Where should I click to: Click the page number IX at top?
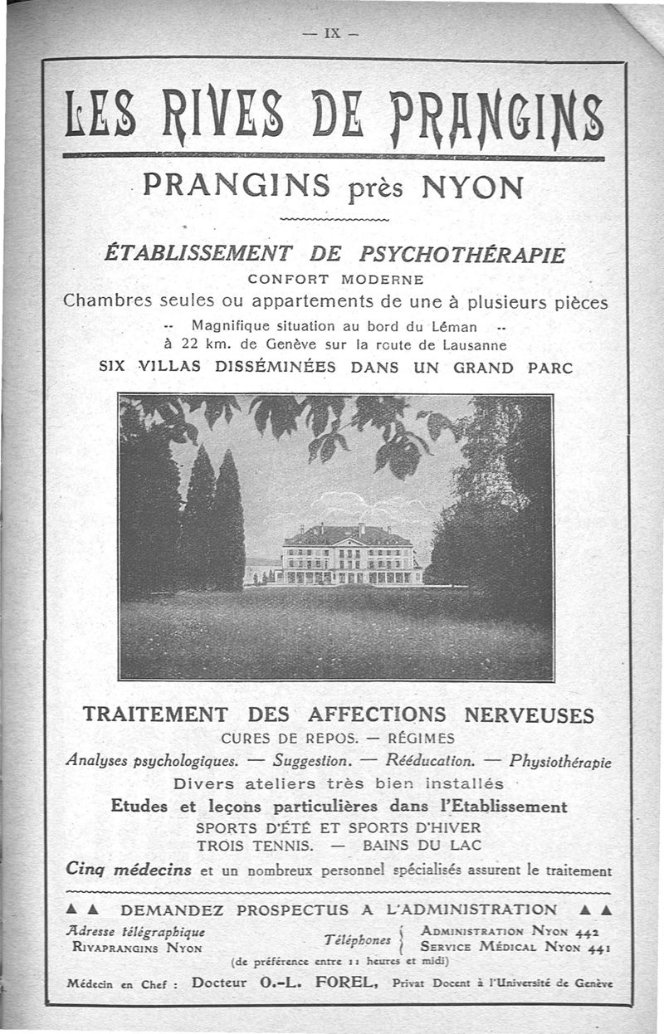(x=332, y=35)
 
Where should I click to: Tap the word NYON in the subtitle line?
(x=472, y=186)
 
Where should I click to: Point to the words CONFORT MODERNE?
(x=335, y=279)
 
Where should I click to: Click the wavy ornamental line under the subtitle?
(x=335, y=219)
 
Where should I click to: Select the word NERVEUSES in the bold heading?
(x=529, y=715)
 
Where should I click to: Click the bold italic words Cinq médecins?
(x=129, y=870)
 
